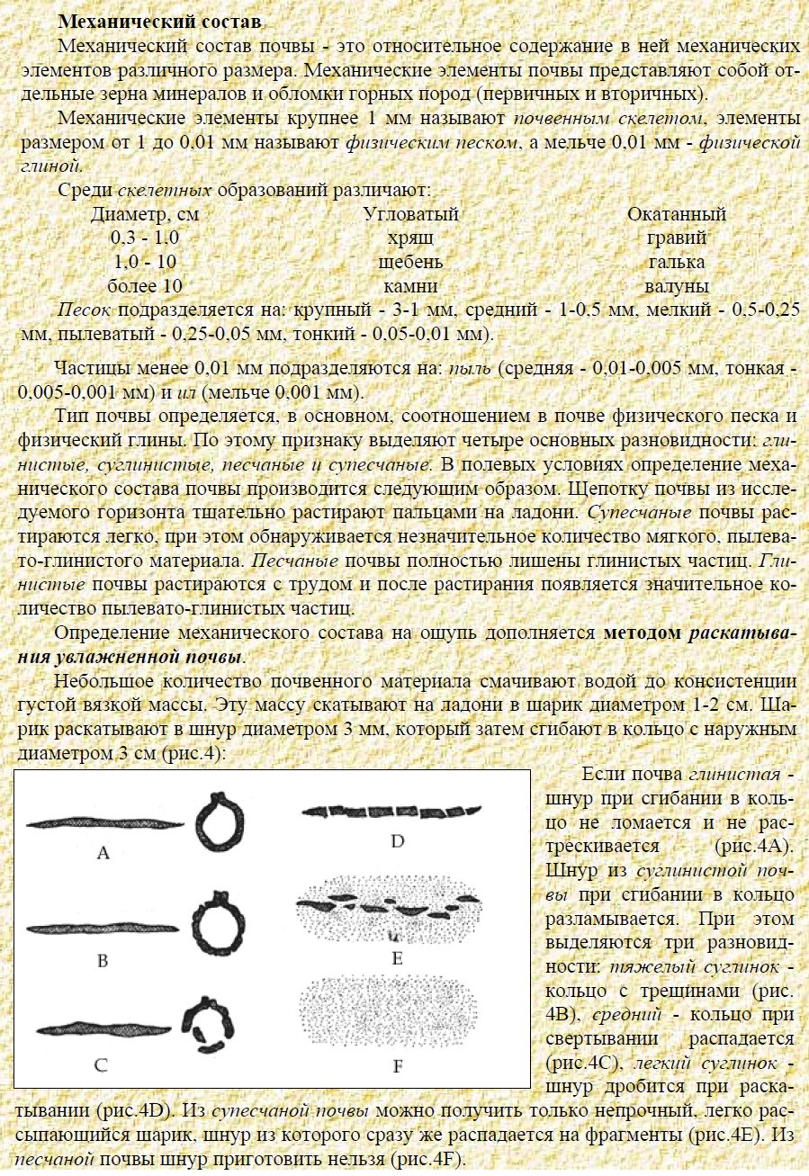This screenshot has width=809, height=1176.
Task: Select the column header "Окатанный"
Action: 676,215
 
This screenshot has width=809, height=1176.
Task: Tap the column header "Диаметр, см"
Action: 145,215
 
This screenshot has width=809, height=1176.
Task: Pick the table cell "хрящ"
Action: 409,238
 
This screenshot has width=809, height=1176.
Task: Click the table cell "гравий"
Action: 676,238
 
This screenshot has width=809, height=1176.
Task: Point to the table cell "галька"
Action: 676,263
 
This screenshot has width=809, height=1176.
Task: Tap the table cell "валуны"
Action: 676,287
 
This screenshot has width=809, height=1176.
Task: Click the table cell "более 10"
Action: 145,287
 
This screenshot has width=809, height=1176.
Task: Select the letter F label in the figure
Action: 397,1067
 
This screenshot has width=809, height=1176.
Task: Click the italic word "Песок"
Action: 85,310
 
